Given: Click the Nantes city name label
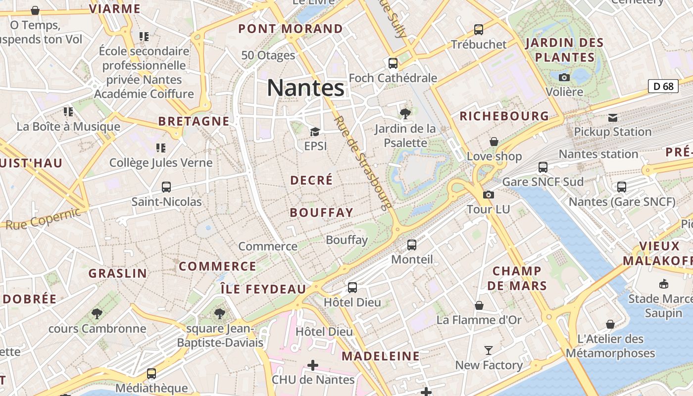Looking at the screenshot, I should pos(305,88).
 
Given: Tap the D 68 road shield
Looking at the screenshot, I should pos(663,86).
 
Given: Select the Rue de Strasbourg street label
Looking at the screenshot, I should pos(363,162).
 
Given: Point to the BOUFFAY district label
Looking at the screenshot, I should pos(322,213).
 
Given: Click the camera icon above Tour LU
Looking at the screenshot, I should pos(489,195).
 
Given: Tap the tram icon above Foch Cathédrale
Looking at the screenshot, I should pos(393,63).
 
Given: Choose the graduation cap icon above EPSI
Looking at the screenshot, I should pos(315,132).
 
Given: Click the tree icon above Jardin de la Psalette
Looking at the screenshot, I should pos(405,114).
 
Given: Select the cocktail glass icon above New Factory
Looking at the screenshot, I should pos(489,350).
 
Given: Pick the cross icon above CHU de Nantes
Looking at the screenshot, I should pos(313,365).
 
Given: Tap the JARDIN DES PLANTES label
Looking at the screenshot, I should pos(565,50).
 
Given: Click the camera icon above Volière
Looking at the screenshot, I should pos(564,77).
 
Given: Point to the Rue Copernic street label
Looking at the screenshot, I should pos(44,218).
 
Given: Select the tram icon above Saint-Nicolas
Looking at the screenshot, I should pos(166,187).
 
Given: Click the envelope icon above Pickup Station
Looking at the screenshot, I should pos(613,117).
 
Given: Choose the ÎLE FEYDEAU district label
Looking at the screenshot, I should pos(263,289).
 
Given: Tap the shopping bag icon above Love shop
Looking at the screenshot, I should pos(494,142).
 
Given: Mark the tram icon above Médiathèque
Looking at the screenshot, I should pos(151,374).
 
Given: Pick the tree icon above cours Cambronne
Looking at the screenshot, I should pos(97,313).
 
